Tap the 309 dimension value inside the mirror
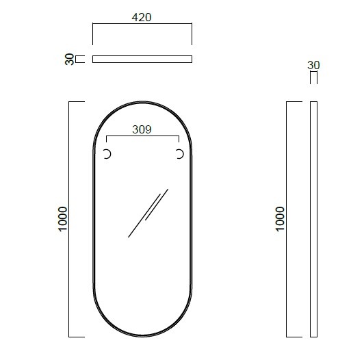coord(142,128)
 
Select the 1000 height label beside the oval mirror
coord(63,219)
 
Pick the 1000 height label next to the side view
coord(281,219)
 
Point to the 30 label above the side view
coord(313,66)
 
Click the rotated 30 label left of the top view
coord(69,59)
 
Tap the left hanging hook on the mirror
coord(107,155)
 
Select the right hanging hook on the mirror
coord(179,155)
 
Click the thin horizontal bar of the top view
coord(142,59)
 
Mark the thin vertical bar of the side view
coord(313,219)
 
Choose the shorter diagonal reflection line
coord(160,203)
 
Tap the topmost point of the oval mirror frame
coord(143,102)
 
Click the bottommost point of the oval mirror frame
coord(143,337)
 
